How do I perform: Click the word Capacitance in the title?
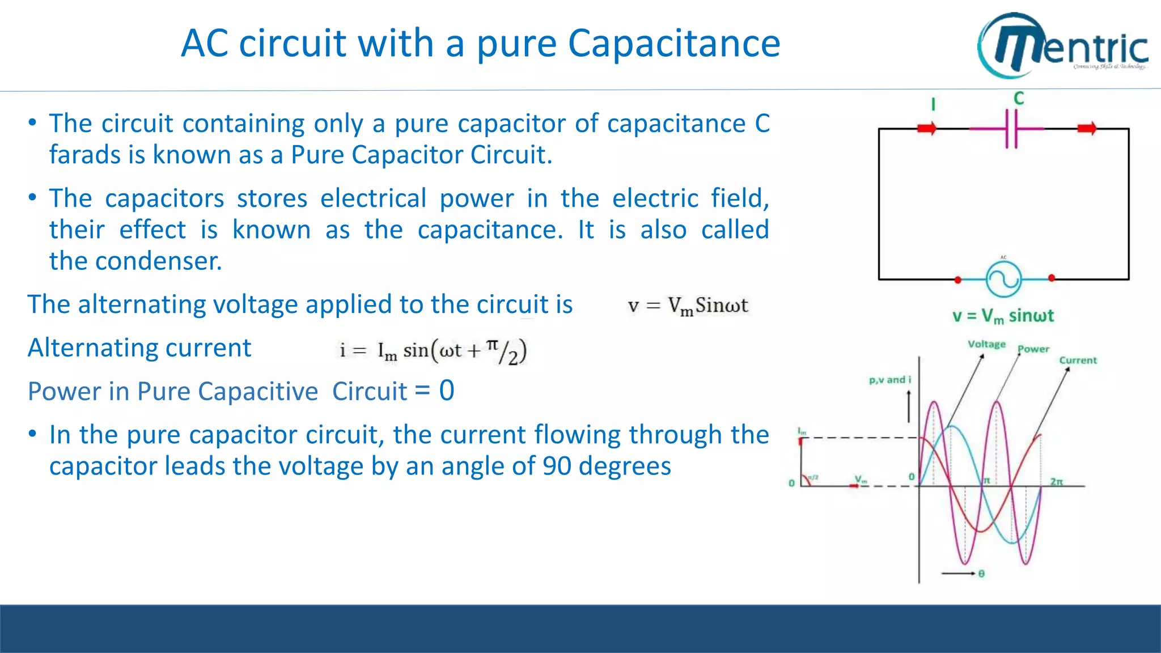pos(674,44)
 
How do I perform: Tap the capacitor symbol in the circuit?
pos(1011,129)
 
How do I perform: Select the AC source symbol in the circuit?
pos(1003,279)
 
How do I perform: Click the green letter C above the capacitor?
pos(1019,99)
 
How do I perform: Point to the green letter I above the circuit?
pos(933,104)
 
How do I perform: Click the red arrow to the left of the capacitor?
pos(927,129)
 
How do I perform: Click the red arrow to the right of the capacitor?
pos(1087,129)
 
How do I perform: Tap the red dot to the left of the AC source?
pos(958,279)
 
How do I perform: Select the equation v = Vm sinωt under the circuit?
pos(1003,316)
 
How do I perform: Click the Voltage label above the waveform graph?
pos(986,344)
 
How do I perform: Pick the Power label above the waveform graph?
pos(1033,349)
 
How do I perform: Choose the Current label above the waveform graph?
pos(1078,360)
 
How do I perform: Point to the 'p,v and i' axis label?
pos(889,380)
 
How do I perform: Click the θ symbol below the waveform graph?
pos(981,574)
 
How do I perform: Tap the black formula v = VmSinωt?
pos(688,306)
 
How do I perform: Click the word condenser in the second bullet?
pos(158,261)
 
